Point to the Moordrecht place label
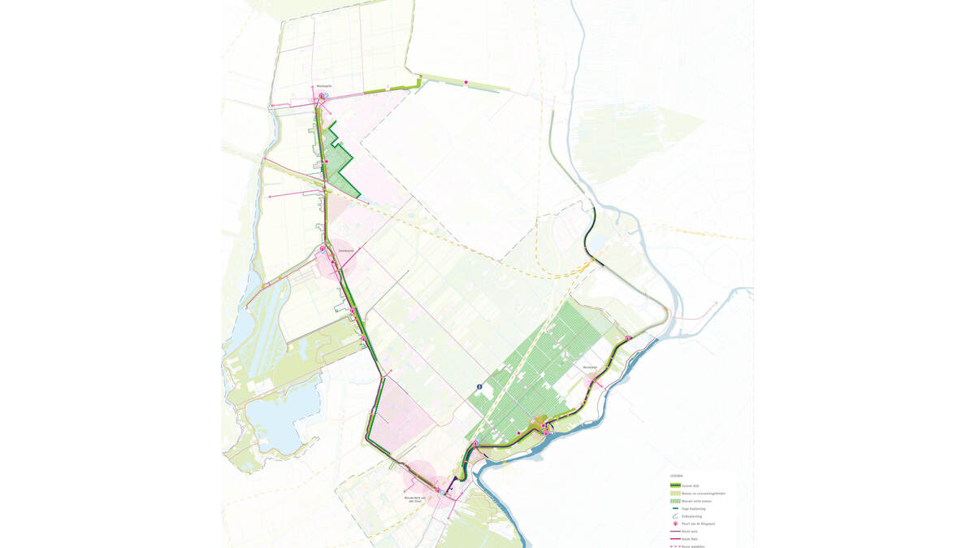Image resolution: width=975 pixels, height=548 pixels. (x=590, y=368)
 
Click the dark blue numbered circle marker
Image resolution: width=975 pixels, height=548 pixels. (x=479, y=386)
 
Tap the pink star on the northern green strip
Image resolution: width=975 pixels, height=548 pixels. (x=466, y=82)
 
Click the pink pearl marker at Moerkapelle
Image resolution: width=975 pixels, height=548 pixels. (x=321, y=96)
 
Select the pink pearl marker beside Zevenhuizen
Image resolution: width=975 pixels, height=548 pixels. (x=323, y=249)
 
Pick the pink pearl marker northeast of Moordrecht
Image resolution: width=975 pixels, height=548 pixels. (x=628, y=338)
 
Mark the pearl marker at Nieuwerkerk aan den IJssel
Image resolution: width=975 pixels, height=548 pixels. (x=438, y=490)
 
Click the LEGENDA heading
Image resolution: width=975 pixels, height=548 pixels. (x=677, y=476)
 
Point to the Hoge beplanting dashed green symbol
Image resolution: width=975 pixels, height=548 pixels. (x=675, y=508)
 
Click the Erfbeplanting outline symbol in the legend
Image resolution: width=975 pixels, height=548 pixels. (x=675, y=516)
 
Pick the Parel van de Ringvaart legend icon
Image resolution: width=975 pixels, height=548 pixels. (x=675, y=524)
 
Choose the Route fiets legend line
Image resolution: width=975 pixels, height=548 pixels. (x=675, y=539)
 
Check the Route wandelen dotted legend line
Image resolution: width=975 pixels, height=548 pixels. (x=675, y=546)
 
